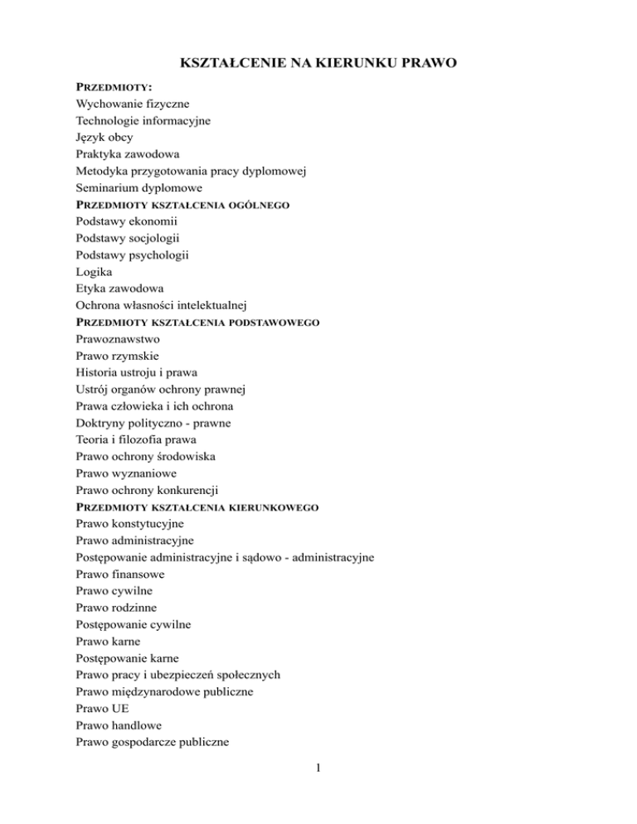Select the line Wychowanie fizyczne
tap(132, 104)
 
